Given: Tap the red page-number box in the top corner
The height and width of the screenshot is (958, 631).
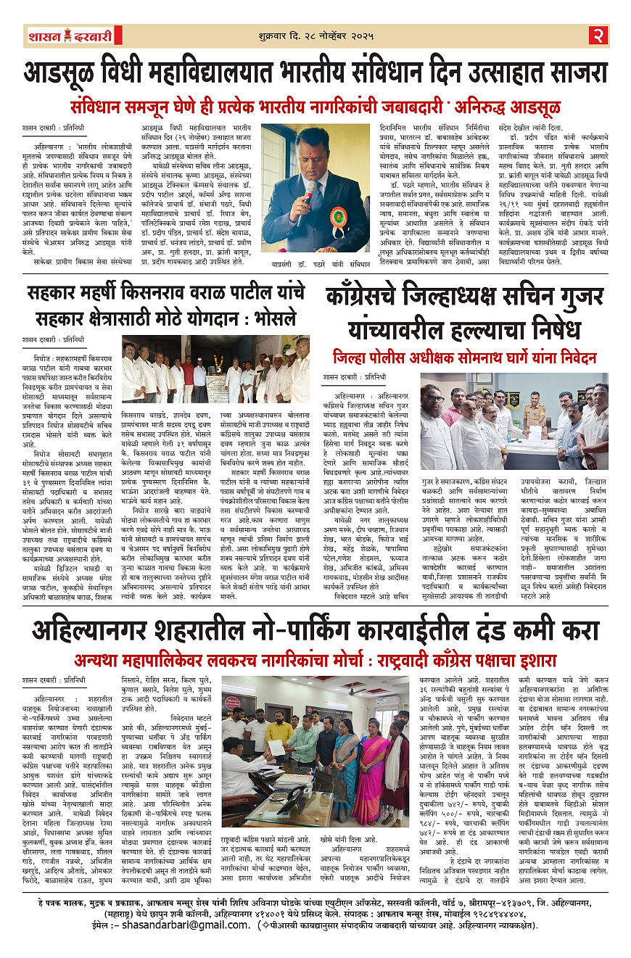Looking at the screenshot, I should pyautogui.click(x=598, y=34).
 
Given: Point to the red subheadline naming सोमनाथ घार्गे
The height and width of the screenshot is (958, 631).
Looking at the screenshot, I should pyautogui.click(x=464, y=358).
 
